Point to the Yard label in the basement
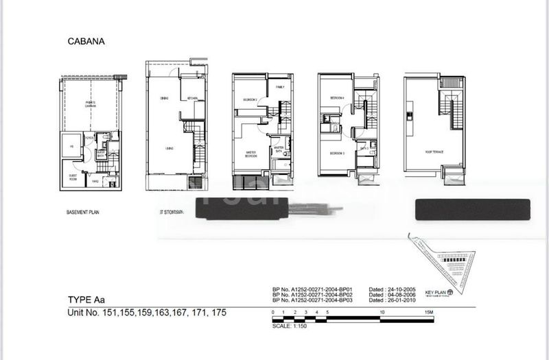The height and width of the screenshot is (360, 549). coord(96,181)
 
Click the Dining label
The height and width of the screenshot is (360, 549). coord(164,99)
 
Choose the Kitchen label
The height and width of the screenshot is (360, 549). coord(192,99)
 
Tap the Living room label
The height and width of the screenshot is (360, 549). coord(167,148)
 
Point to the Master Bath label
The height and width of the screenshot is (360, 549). coord(279,149)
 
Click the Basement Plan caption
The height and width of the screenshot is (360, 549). coord(83,213)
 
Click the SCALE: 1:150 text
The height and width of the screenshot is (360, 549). coord(288,326)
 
